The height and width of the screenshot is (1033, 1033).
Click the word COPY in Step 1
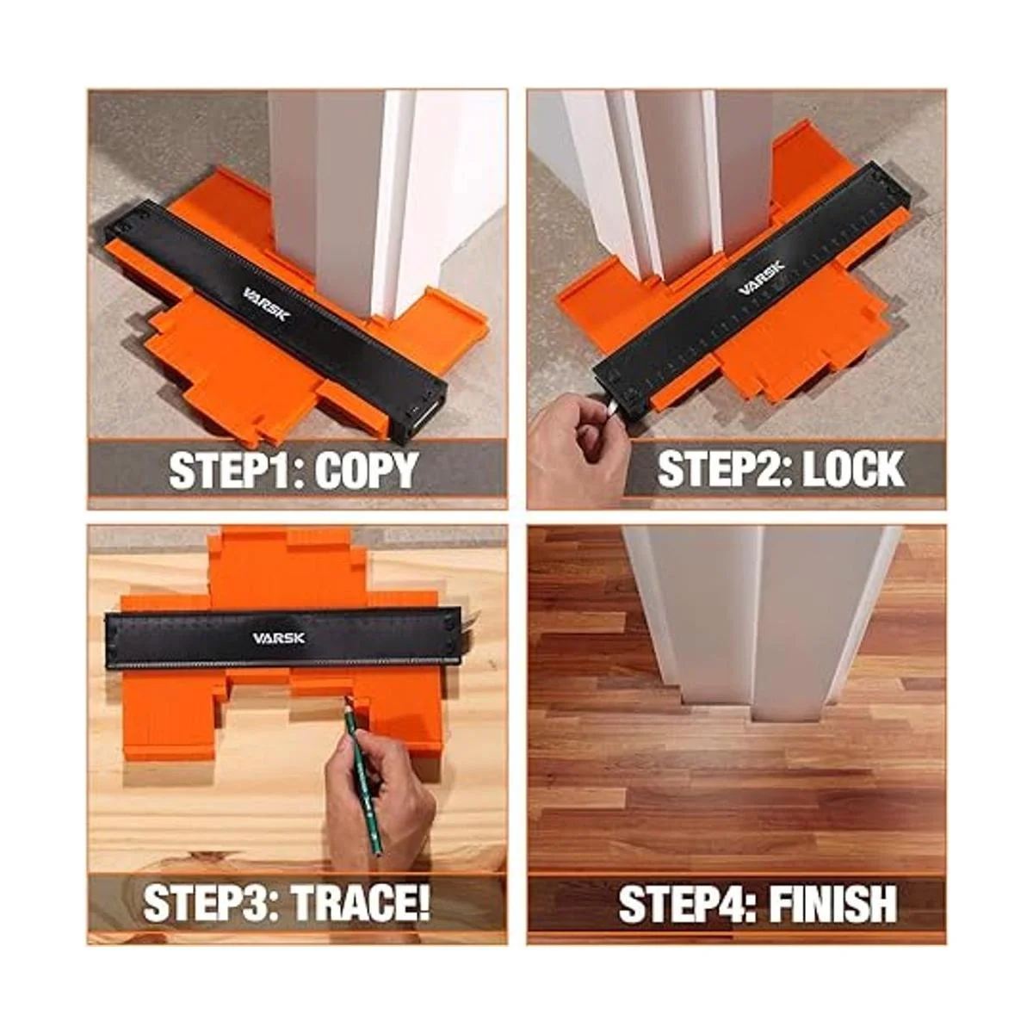pos(365,470)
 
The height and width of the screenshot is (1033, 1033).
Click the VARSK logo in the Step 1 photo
pos(267,305)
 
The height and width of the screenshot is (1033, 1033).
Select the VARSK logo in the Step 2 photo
pos(761,278)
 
